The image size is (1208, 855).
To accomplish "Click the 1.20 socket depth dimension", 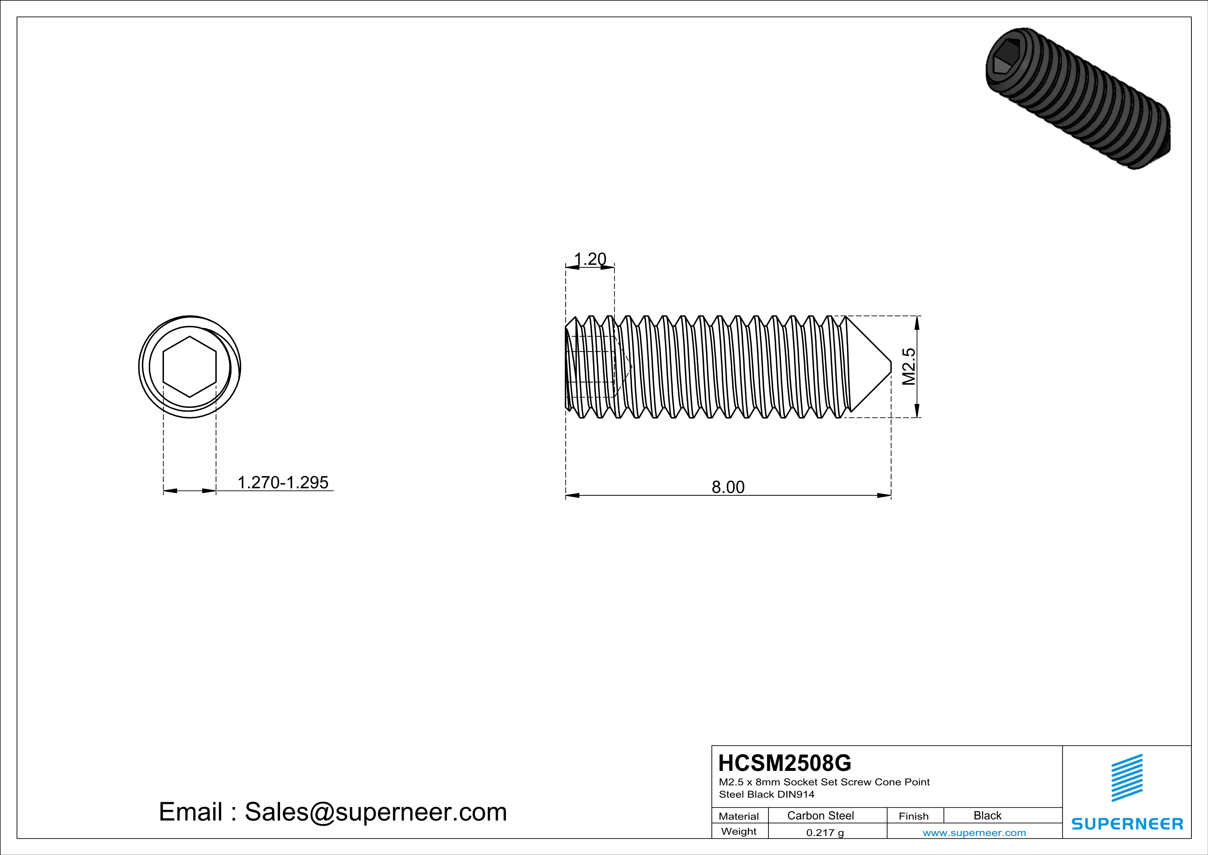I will click(x=590, y=259).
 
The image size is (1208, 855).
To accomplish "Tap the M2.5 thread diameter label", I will click(x=909, y=366).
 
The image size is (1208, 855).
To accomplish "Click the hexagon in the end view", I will click(x=189, y=366).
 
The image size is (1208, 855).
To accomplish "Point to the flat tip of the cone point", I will click(x=891, y=366).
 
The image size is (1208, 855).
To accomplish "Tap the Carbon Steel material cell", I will click(x=820, y=815).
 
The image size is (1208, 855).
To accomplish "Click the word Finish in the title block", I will click(x=913, y=816).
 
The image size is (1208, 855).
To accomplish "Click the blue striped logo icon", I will click(x=1126, y=778).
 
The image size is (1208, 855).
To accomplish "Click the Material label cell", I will click(x=739, y=816).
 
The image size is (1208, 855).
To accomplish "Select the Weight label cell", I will click(x=739, y=831).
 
